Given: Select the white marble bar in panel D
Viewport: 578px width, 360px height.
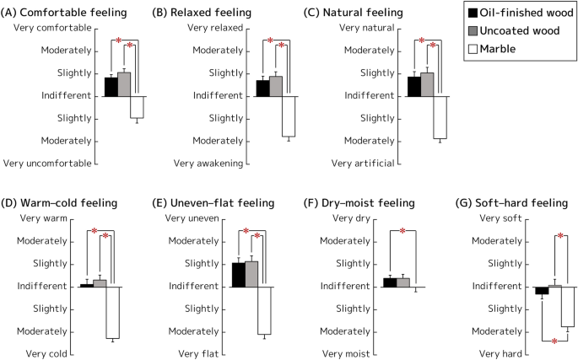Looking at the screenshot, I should coord(112,313).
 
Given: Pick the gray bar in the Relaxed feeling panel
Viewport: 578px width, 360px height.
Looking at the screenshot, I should coord(275,86).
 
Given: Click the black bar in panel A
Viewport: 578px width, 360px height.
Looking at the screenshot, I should coord(111,87).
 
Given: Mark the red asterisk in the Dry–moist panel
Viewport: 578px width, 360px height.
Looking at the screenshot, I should coord(402,232).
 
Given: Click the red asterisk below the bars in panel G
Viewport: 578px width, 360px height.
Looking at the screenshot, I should coord(554,341).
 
